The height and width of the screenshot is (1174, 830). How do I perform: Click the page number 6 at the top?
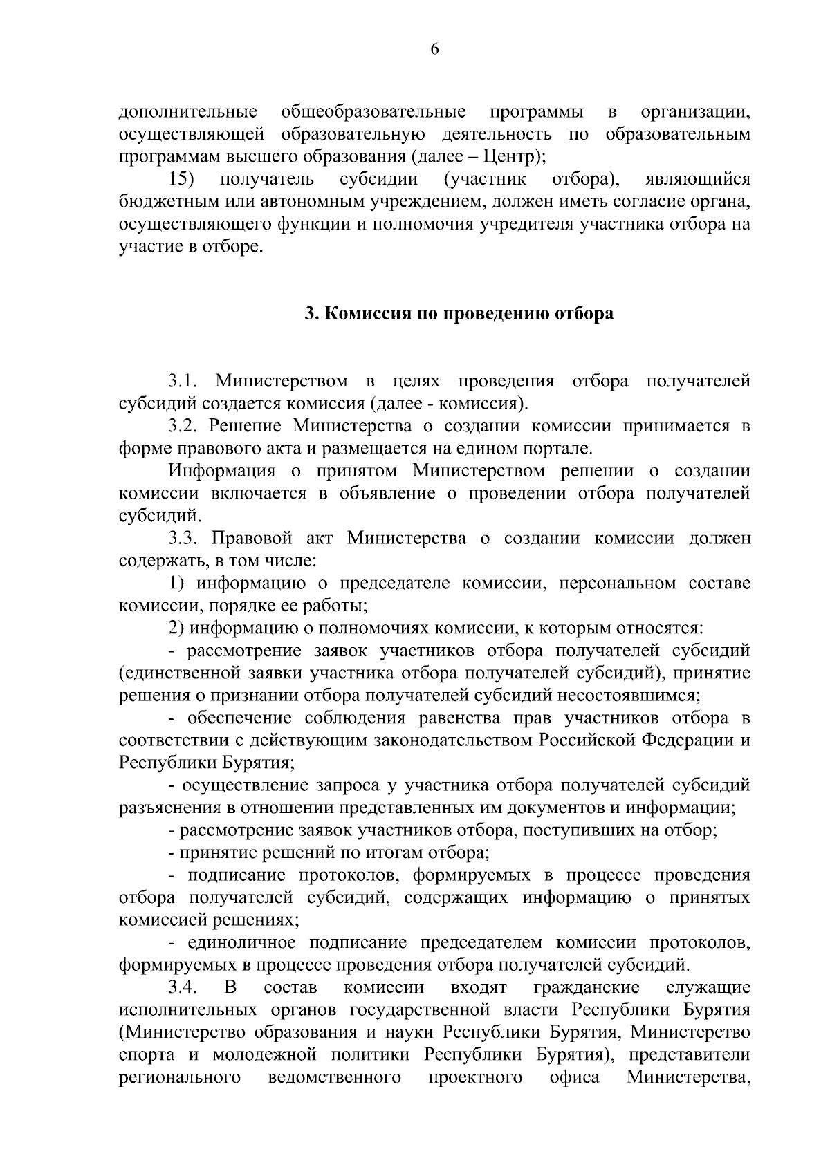tap(434, 48)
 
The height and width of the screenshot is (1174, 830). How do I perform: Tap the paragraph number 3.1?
tap(183, 381)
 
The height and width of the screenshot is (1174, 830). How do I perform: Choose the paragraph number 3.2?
tap(183, 426)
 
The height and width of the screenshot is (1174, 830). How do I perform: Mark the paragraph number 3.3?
tap(183, 539)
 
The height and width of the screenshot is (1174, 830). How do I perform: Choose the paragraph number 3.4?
tap(183, 987)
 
